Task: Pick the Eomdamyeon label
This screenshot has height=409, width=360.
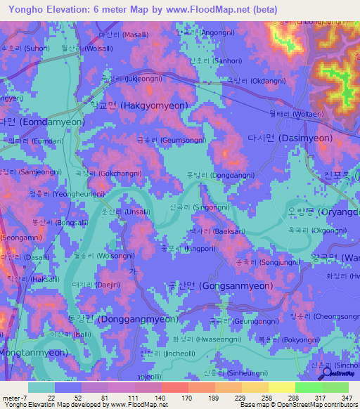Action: click(42, 122)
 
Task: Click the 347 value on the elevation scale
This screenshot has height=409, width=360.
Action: click(345, 397)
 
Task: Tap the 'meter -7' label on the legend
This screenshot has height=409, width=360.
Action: click(15, 397)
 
